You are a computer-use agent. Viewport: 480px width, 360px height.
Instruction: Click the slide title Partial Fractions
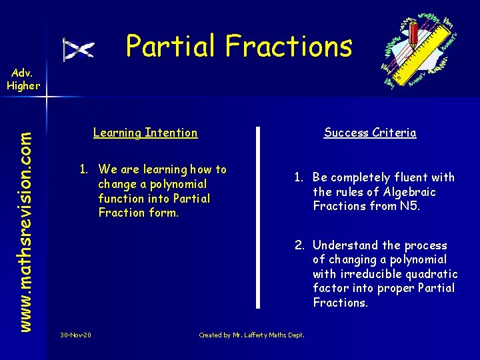(239, 46)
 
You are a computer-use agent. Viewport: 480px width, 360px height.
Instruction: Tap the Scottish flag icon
(79, 49)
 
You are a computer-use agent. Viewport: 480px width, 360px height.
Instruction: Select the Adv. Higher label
(23, 79)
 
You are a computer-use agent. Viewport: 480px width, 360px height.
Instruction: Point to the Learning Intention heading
(145, 133)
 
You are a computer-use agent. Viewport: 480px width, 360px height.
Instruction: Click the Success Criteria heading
(370, 133)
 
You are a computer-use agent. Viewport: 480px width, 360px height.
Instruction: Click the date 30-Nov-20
(75, 335)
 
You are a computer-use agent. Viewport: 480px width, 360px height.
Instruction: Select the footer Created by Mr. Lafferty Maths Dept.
(251, 335)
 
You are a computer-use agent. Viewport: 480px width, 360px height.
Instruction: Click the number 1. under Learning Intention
(85, 169)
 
